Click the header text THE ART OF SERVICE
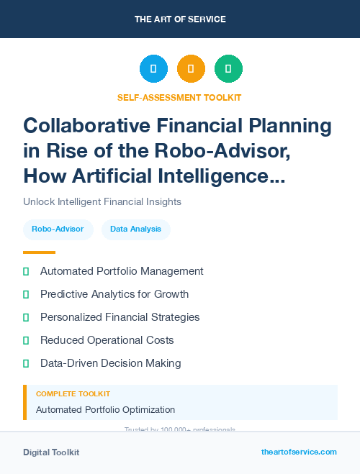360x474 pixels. [180, 19]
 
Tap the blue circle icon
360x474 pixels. [153, 69]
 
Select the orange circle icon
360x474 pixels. [191, 69]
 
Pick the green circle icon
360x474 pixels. [228, 69]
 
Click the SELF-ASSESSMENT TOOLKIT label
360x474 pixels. [179, 97]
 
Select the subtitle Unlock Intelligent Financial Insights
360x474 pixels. [102, 201]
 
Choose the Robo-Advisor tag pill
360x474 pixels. [58, 229]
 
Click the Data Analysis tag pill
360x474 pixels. [136, 229]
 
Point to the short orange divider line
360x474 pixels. [39, 252]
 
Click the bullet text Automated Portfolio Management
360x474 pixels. [122, 271]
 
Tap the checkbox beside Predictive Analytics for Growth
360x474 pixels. [27, 294]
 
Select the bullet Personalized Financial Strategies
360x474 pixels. [120, 317]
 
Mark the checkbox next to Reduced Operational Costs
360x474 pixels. [27, 340]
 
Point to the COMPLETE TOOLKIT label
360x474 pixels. [73, 394]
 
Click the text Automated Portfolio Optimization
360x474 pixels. [105, 410]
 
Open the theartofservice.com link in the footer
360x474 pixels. [299, 452]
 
